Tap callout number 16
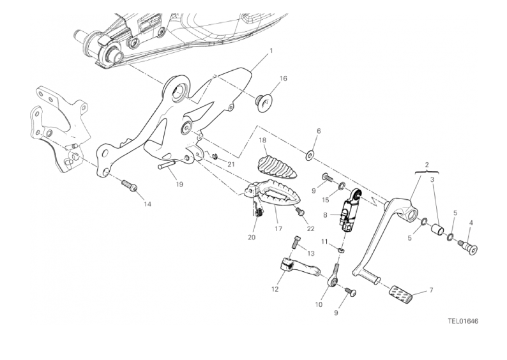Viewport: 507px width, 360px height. [x=283, y=79]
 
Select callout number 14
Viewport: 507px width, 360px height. [x=148, y=204]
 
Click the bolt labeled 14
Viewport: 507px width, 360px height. [x=128, y=186]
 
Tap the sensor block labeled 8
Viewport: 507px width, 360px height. [x=349, y=211]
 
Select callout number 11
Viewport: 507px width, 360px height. [x=324, y=242]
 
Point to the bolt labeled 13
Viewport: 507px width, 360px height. [x=296, y=243]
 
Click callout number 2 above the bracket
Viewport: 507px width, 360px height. [x=426, y=165]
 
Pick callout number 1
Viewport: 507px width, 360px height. [x=271, y=50]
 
